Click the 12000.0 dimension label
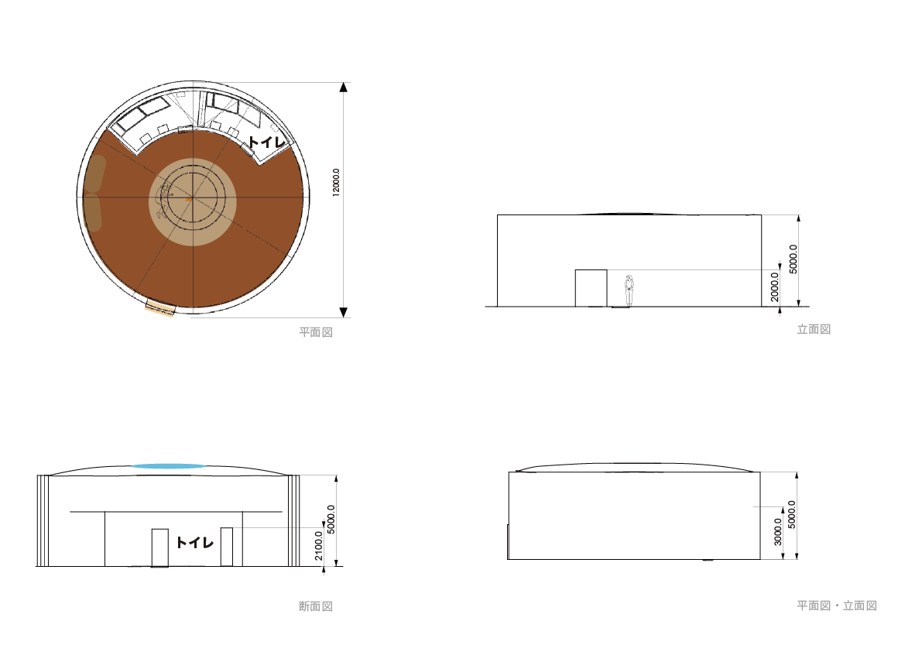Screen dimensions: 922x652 click(336, 182)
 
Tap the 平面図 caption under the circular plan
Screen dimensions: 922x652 click(316, 332)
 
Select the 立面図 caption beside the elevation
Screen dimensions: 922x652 click(814, 329)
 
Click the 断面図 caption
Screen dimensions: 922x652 click(316, 606)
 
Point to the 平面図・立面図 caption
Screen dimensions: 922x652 click(837, 606)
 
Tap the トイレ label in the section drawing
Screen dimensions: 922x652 click(194, 542)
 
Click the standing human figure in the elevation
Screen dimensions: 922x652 click(629, 290)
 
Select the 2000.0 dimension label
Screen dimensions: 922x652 click(774, 287)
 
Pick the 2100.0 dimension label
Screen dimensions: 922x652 click(319, 546)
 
